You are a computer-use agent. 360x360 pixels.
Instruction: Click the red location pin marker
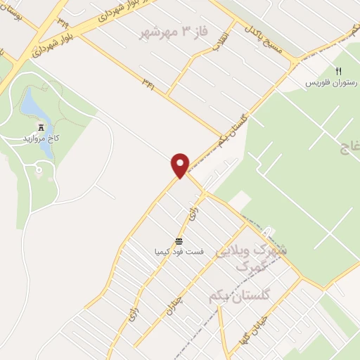coord(181,165)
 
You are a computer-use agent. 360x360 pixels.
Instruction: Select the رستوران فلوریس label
coord(327,83)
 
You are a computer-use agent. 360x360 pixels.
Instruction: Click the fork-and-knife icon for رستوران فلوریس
coord(338,72)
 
